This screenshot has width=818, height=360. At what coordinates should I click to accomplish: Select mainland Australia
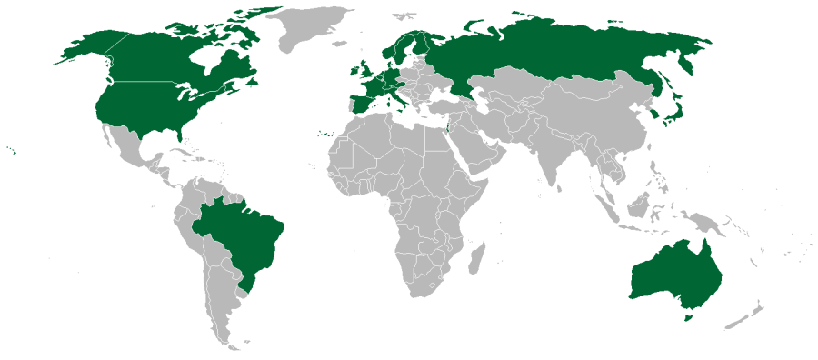[x=673, y=273]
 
